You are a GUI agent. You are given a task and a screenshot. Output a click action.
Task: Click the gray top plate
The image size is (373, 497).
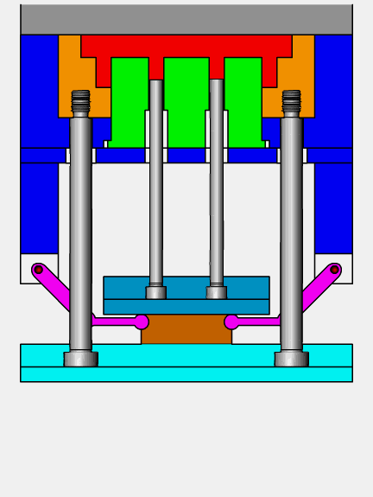click(186, 18)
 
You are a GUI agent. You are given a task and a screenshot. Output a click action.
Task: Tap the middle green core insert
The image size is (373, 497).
click(186, 99)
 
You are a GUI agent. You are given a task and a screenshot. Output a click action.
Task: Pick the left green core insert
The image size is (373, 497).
click(129, 99)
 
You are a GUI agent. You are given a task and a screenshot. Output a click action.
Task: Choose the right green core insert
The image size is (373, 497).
click(243, 99)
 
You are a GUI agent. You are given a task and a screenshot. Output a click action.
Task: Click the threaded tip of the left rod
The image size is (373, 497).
click(80, 102)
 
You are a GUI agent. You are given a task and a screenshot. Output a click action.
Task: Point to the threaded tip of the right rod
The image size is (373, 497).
click(292, 102)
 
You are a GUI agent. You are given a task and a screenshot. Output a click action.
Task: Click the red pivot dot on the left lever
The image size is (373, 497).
click(38, 270)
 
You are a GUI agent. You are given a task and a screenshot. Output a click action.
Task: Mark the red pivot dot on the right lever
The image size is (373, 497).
click(335, 270)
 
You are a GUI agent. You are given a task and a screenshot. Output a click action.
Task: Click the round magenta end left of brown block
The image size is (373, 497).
click(142, 322)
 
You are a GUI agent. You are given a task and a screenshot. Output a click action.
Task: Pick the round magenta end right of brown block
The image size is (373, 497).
click(231, 322)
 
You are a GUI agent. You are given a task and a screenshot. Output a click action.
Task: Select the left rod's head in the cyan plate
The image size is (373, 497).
click(80, 359)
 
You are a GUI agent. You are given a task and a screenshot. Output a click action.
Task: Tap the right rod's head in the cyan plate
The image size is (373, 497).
click(292, 359)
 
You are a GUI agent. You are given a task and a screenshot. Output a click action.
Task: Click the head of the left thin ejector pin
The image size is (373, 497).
click(155, 292)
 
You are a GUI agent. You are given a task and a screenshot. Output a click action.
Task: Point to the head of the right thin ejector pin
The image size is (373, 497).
click(217, 292)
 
